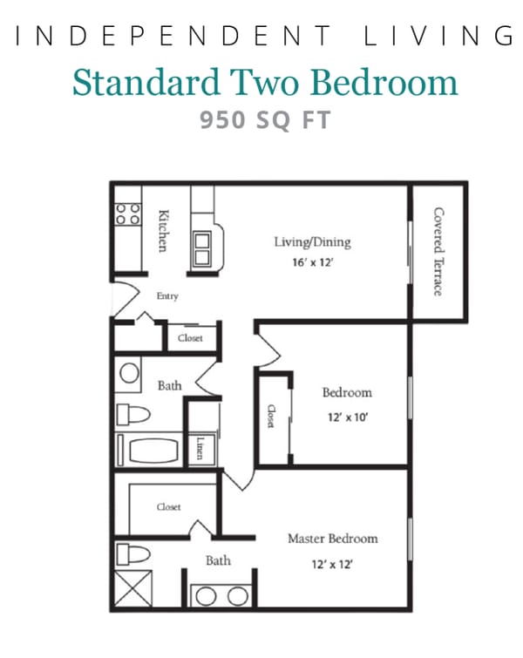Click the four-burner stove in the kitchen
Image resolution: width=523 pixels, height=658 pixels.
tap(128, 214)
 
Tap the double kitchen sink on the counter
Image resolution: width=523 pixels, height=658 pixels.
tap(203, 248)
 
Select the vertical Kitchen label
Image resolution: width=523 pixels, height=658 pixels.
tap(161, 231)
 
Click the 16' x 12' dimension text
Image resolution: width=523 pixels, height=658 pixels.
tap(312, 261)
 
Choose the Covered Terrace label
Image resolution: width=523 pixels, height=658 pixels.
tap(438, 251)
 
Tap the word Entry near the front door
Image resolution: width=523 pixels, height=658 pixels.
tap(167, 296)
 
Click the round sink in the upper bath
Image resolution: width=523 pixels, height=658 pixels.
tap(129, 374)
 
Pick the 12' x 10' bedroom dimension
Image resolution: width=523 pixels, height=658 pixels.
tap(346, 417)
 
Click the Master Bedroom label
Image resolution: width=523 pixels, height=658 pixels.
tap(333, 539)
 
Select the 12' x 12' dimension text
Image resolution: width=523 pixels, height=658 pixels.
tap(333, 564)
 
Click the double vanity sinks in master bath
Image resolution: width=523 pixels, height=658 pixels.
tap(219, 596)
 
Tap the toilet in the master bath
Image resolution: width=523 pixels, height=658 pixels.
tap(133, 553)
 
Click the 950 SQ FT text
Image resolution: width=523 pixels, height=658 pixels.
tap(265, 120)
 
